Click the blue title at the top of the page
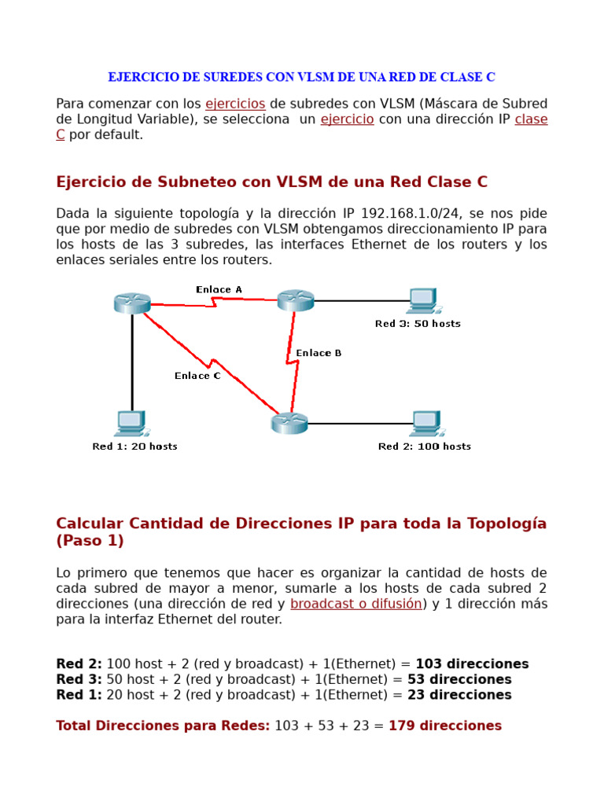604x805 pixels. pos(301,77)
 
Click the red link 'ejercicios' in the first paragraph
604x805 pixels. pos(235,104)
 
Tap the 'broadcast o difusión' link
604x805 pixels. pos(356,604)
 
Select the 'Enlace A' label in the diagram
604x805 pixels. pos(219,289)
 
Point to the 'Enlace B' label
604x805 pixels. pos(319,353)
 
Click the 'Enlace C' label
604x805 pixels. pos(197,376)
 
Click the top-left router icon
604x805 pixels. pos(131,303)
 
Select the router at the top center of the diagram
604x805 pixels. pos(296,300)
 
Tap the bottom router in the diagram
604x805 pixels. pos(289,423)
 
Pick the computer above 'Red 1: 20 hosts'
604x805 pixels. pos(131,423)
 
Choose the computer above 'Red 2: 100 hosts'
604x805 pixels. pos(426,423)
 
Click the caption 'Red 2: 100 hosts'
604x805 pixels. pos(425,447)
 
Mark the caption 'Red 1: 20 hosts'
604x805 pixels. pos(134,447)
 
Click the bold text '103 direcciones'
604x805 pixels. pos(472,664)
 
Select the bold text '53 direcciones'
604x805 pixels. pos(459,679)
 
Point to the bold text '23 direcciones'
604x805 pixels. pos(459,695)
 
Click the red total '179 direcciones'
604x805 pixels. pos(445,726)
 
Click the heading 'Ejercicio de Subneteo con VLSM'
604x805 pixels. pos(271,182)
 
